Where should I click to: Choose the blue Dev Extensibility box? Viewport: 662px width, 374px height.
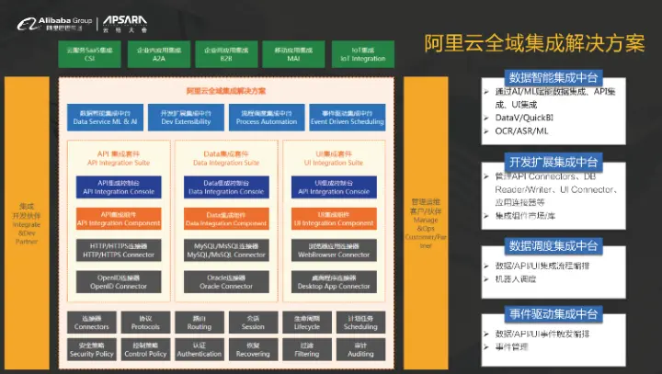(173, 117)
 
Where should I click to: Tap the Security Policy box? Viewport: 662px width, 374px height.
(92, 349)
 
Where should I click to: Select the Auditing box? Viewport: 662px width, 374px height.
(360, 349)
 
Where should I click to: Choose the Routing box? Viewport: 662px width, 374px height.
(200, 323)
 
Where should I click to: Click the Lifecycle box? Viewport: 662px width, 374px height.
(307, 323)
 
